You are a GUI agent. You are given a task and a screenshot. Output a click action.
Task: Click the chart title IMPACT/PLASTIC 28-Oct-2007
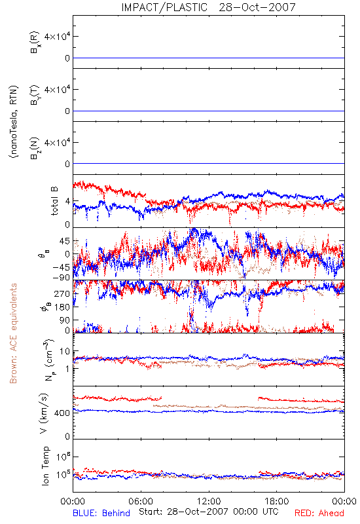pyautogui.click(x=208, y=7)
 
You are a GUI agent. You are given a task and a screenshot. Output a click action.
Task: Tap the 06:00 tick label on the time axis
pyautogui.click(x=141, y=501)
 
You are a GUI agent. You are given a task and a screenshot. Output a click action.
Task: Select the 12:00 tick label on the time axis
pyautogui.click(x=209, y=501)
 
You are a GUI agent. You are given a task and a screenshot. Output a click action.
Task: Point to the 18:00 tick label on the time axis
pyautogui.click(x=277, y=501)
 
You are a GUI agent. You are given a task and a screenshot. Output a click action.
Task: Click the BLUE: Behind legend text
pyautogui.click(x=101, y=513)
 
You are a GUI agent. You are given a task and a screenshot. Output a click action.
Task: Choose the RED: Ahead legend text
pyautogui.click(x=319, y=513)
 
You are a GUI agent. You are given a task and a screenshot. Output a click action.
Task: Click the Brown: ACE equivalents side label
pyautogui.click(x=13, y=333)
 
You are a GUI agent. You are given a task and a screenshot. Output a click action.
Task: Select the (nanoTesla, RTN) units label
pyautogui.click(x=14, y=122)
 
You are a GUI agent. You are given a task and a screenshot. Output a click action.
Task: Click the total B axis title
pyautogui.click(x=54, y=201)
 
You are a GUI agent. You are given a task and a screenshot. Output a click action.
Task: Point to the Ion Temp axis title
pyautogui.click(x=45, y=466)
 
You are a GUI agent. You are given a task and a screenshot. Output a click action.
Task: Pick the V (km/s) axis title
pyautogui.click(x=44, y=413)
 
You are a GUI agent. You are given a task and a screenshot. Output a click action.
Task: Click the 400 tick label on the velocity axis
pyautogui.click(x=62, y=413)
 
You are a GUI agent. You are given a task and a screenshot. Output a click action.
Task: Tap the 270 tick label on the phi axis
pyautogui.click(x=62, y=293)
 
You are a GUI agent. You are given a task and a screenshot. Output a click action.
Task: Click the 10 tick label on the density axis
pyautogui.click(x=65, y=351)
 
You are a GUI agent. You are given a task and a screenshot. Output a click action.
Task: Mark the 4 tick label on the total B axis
pyautogui.click(x=68, y=202)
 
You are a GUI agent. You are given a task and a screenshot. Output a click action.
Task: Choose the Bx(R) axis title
pyautogui.click(x=35, y=43)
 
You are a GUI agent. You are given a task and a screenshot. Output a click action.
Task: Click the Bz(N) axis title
pyautogui.click(x=35, y=148)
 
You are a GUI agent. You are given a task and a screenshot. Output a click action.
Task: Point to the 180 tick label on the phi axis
pyautogui.click(x=62, y=307)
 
